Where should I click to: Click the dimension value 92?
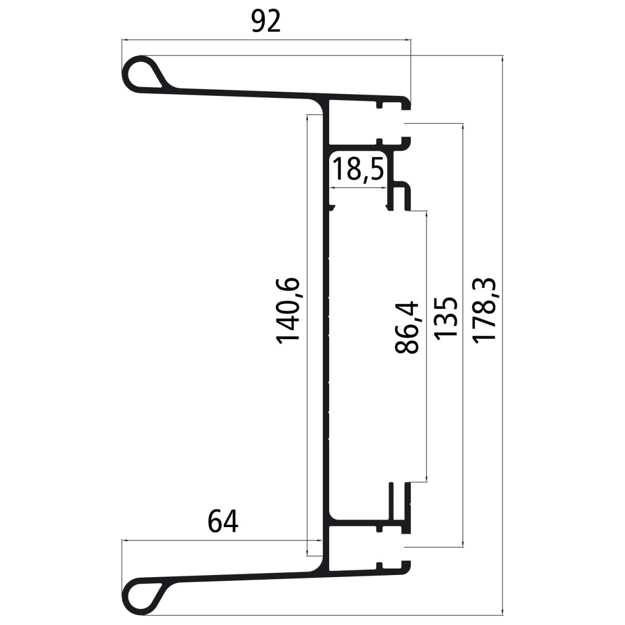[x=266, y=22]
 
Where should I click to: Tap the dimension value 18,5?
[x=358, y=170]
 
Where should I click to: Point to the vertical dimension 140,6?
[x=288, y=309]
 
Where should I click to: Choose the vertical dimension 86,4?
[x=407, y=327]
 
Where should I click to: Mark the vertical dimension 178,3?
[x=485, y=310]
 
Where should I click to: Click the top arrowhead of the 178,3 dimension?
[x=502, y=57]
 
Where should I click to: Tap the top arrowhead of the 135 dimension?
[x=463, y=127]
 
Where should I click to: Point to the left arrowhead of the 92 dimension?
[x=124, y=39]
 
